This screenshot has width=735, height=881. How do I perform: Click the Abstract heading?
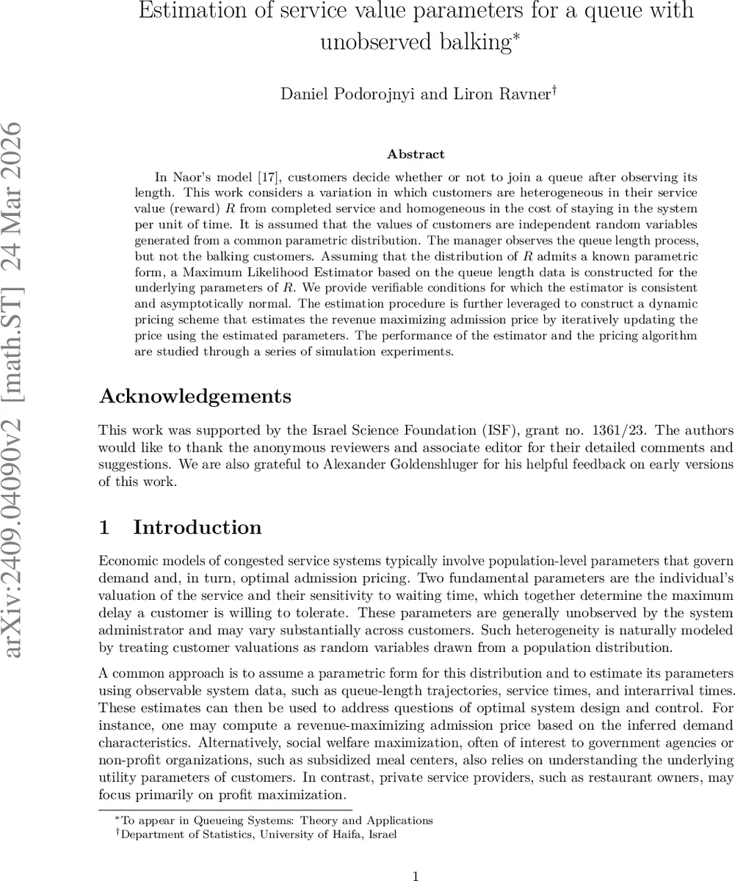pyautogui.click(x=416, y=154)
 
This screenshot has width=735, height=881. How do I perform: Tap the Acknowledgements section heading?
pyautogui.click(x=195, y=396)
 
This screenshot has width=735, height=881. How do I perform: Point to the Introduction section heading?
pyautogui.click(x=197, y=527)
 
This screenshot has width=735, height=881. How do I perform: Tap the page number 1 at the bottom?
pyautogui.click(x=416, y=874)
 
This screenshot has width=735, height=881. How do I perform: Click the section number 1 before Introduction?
pyautogui.click(x=105, y=527)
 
